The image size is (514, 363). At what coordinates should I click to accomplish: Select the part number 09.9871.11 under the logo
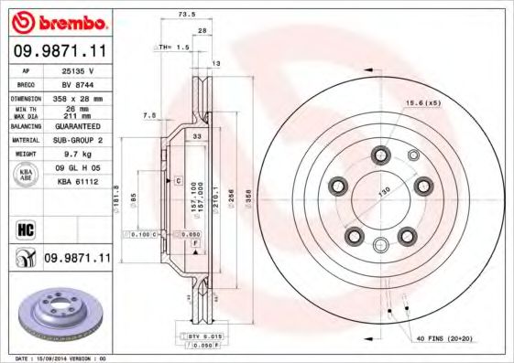[60, 52]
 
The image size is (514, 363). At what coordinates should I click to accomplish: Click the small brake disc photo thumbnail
[57, 310]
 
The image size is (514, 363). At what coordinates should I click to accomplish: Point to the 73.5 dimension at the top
[187, 15]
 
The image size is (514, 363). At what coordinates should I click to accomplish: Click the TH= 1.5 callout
[174, 46]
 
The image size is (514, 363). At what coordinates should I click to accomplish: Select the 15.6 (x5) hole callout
[422, 102]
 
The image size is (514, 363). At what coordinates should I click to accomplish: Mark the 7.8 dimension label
[149, 115]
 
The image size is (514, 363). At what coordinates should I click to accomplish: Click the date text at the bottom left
[57, 358]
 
